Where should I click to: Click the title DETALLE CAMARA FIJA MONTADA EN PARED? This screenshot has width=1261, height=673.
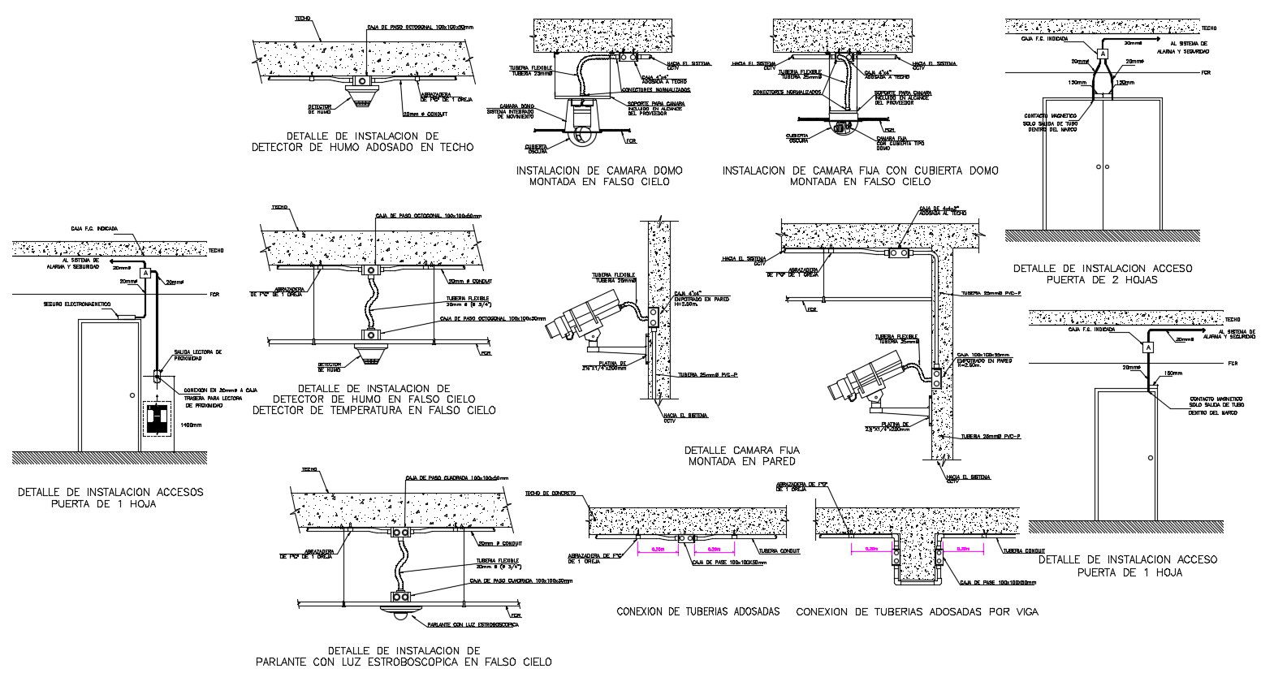pos(742,455)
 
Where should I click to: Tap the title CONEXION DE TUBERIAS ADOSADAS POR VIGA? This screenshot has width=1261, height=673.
pos(917,611)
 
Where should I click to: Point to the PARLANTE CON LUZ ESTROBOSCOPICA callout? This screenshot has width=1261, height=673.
pos(473,624)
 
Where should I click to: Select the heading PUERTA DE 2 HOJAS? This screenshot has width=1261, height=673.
pos(1102,280)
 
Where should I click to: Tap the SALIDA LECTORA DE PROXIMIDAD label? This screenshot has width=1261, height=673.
pos(196,356)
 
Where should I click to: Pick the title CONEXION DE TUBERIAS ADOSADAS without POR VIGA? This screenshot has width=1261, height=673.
pos(697,611)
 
